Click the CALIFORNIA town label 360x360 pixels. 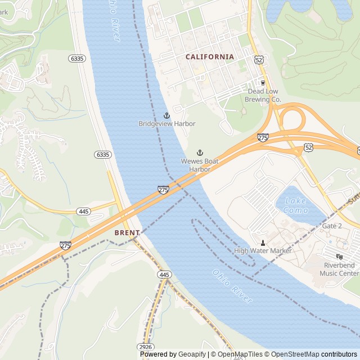click(x=210, y=57)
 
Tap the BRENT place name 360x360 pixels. click(x=127, y=232)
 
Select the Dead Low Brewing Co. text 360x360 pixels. click(x=263, y=95)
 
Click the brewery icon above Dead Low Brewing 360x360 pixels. click(x=263, y=83)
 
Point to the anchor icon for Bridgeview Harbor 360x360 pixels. click(x=166, y=115)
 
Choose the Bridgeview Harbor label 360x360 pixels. click(x=167, y=124)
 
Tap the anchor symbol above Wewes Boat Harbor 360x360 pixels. click(x=199, y=153)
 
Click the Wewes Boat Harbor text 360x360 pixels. click(x=199, y=165)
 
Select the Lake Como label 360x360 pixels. click(x=296, y=205)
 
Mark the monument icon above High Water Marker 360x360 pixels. click(x=263, y=242)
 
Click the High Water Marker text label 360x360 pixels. click(x=263, y=251)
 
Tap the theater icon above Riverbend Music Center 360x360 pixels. click(x=339, y=256)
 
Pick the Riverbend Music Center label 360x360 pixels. click(x=340, y=269)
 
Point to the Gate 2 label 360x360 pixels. click(x=331, y=226)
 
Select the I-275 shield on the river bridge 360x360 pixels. click(x=163, y=190)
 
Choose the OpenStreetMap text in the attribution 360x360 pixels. click(x=292, y=354)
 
